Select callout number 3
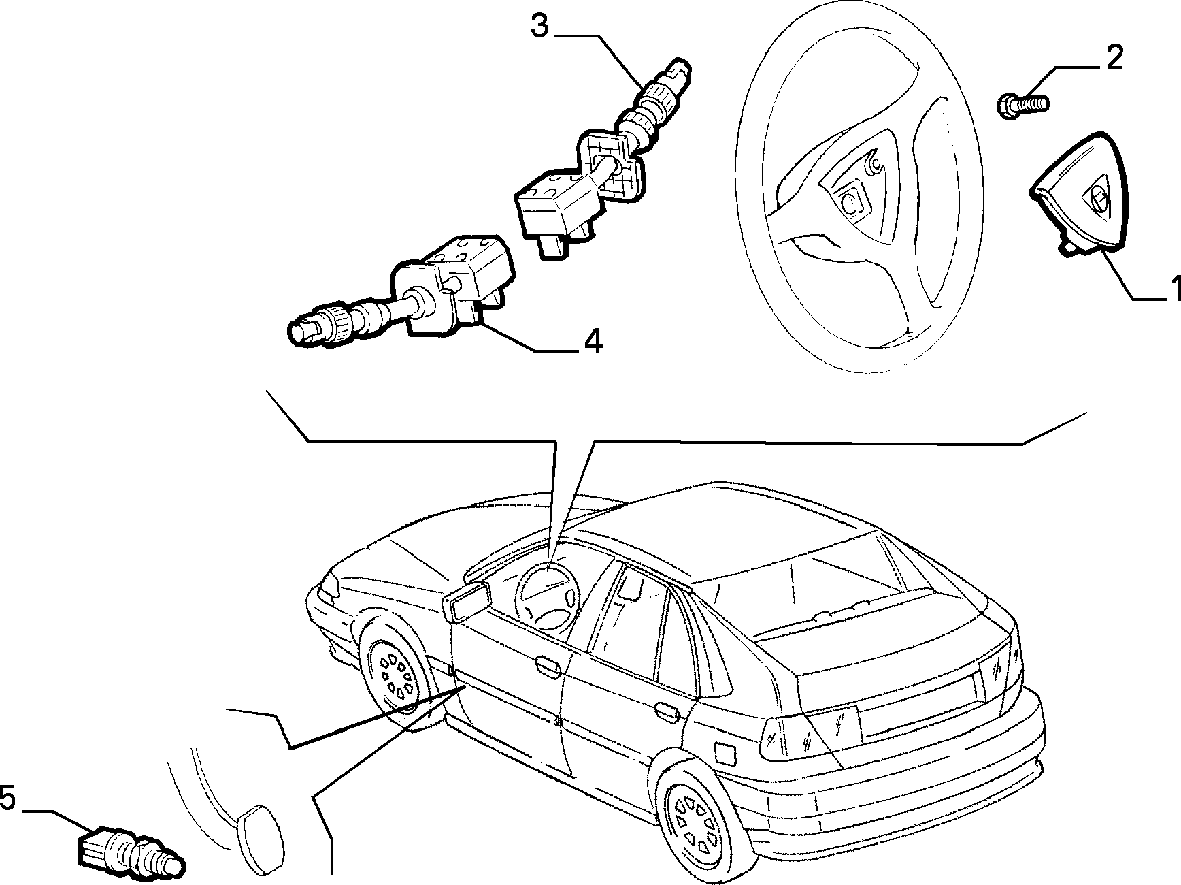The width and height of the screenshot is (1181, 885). point(539,27)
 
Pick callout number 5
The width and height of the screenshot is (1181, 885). point(7,798)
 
